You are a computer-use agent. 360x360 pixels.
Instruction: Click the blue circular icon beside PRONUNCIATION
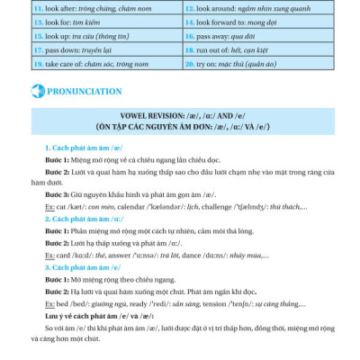(37, 91)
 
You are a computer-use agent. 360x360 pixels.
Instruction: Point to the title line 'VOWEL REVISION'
(179, 116)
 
